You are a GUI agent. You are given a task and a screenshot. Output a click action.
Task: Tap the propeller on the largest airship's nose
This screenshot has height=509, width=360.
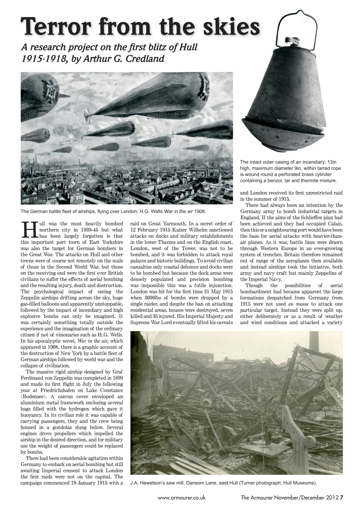click(x=87, y=115)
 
